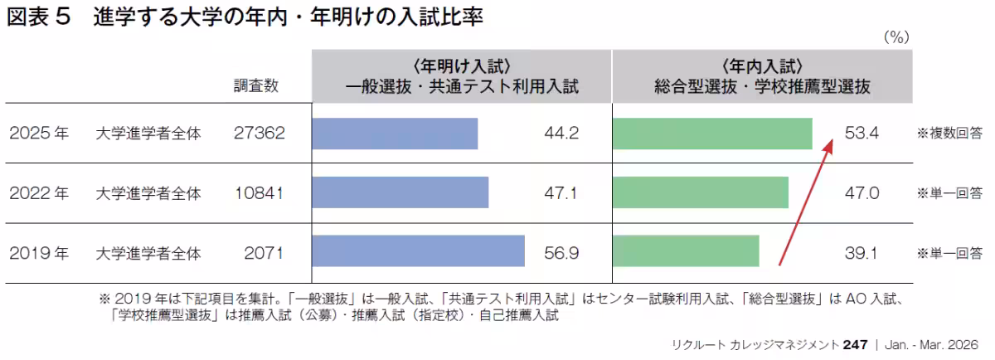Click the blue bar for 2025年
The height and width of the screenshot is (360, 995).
point(395,134)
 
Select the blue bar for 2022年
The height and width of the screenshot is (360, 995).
point(400,192)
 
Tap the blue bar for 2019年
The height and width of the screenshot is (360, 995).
point(418,251)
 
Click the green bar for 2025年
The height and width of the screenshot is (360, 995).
point(712,134)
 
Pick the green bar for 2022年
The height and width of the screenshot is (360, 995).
point(700,192)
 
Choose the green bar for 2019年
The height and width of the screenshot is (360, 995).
point(686,251)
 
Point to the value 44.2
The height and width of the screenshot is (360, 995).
point(561,134)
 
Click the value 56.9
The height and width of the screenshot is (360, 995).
point(561,251)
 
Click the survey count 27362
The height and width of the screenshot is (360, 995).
point(260,134)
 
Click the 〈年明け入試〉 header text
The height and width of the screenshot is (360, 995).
point(461,66)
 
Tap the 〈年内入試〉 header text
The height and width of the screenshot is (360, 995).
point(762,66)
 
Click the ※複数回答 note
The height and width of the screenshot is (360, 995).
point(949,134)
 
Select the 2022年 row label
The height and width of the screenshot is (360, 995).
point(38,193)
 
